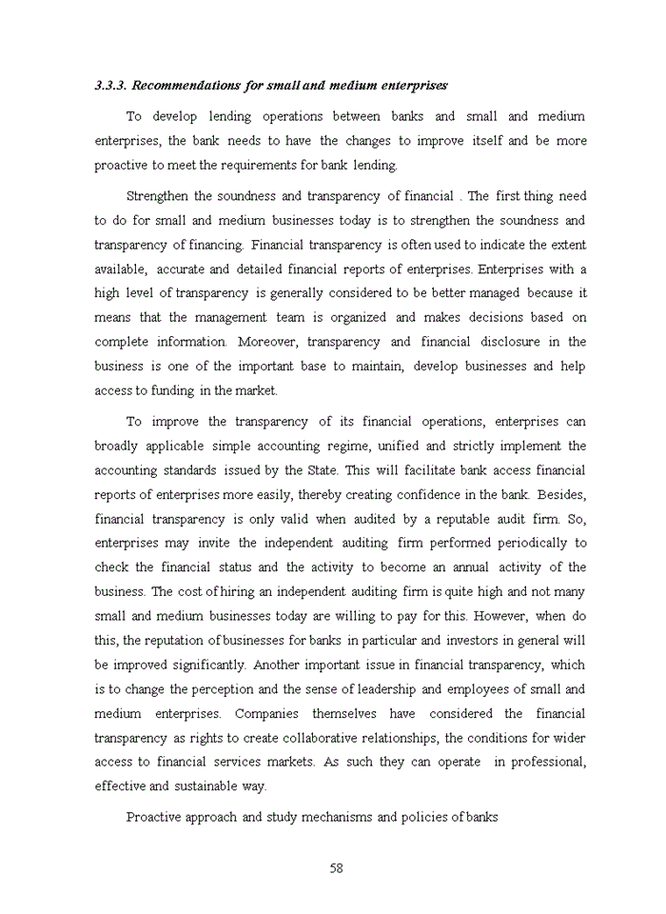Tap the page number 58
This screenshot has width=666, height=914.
click(336, 867)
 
